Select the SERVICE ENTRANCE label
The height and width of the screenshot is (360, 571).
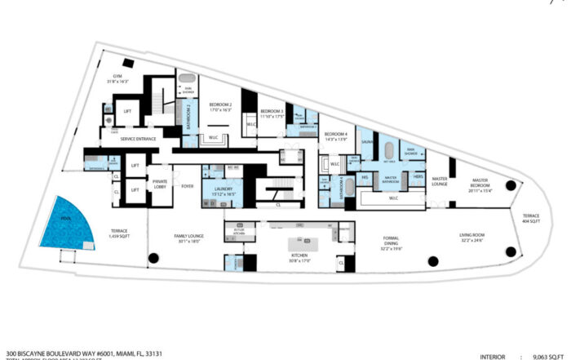pos(139,140)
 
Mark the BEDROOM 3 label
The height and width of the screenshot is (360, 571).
pos(272,113)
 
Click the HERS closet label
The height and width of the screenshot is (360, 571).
pos(418,177)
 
